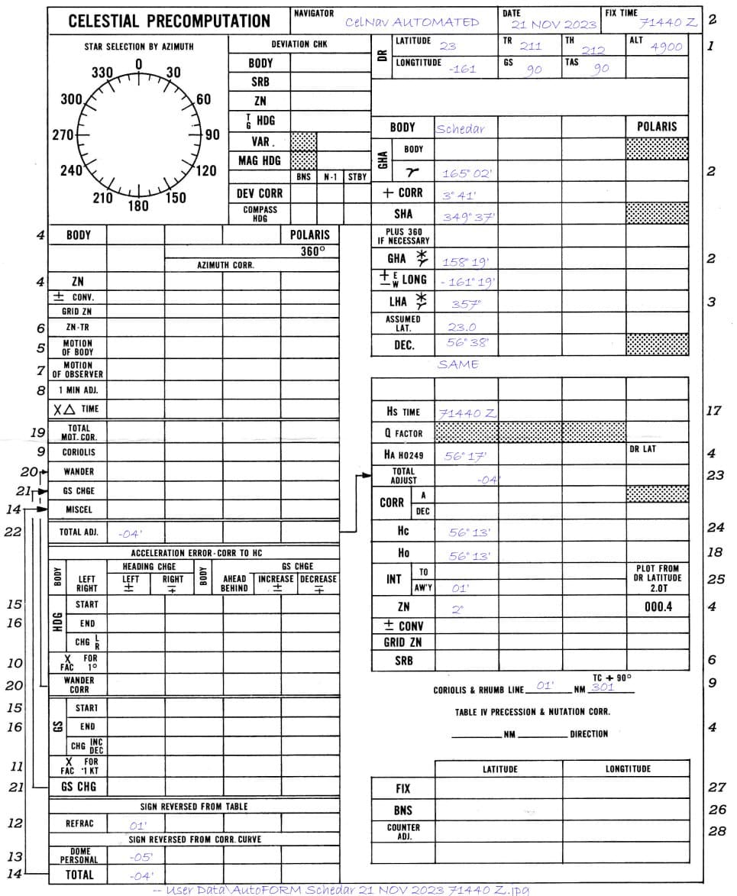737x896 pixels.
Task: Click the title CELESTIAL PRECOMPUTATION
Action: pos(170,21)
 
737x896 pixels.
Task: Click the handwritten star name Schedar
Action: pos(460,128)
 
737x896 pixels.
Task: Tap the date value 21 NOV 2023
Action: pos(554,24)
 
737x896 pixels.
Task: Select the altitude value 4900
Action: pos(667,47)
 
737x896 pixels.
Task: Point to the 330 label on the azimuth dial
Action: pos(102,73)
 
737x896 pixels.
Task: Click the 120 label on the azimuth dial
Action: pos(206,170)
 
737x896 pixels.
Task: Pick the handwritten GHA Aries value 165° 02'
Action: pos(467,174)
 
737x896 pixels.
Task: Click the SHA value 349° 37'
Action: pos(469,217)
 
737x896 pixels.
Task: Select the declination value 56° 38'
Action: pos(468,344)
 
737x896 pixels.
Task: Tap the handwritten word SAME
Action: pos(458,365)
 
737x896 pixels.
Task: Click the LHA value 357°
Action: pos(461,304)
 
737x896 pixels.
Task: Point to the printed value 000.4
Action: pos(657,607)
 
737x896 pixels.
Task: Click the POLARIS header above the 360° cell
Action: pos(310,235)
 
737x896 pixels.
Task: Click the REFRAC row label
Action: pos(78,824)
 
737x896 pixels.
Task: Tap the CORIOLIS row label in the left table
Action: pos(78,452)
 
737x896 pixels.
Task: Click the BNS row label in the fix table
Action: pos(402,810)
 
